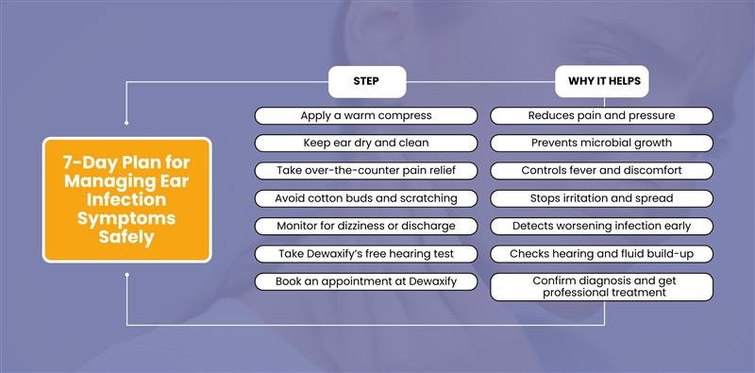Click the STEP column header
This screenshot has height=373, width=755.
coord(366,81)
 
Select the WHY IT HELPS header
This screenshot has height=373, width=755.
coord(603,81)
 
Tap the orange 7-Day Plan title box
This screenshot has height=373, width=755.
coord(126,198)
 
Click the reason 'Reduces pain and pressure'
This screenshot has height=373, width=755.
coord(602,115)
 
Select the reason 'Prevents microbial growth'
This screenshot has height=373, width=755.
coord(602,143)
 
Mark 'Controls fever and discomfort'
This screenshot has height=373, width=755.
coord(602,171)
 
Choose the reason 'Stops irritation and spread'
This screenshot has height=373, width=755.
coord(602,198)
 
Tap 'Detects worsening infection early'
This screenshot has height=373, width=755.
coord(602,227)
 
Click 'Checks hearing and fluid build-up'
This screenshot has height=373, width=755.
coord(602,254)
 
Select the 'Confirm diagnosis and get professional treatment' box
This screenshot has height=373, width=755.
coord(602,286)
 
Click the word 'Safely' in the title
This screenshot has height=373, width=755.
coord(126,239)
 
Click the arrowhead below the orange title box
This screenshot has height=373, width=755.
coord(126,275)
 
